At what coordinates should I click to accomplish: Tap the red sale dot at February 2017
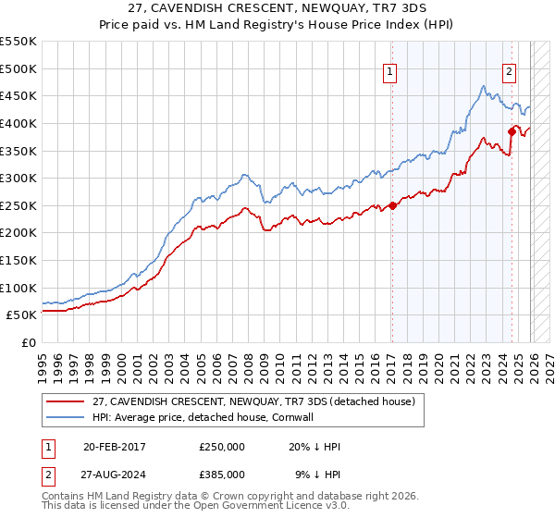pyautogui.click(x=392, y=205)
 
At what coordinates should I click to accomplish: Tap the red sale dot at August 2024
pyautogui.click(x=512, y=131)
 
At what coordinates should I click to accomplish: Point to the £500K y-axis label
pyautogui.click(x=18, y=68)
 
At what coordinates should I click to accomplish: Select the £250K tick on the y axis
pyautogui.click(x=18, y=205)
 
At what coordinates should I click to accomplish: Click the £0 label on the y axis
pyautogui.click(x=28, y=342)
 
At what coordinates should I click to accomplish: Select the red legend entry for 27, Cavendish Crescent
pyautogui.click(x=259, y=401)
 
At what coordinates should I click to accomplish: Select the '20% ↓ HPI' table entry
pyautogui.click(x=314, y=447)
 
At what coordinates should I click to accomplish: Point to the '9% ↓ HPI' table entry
pyautogui.click(x=318, y=474)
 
